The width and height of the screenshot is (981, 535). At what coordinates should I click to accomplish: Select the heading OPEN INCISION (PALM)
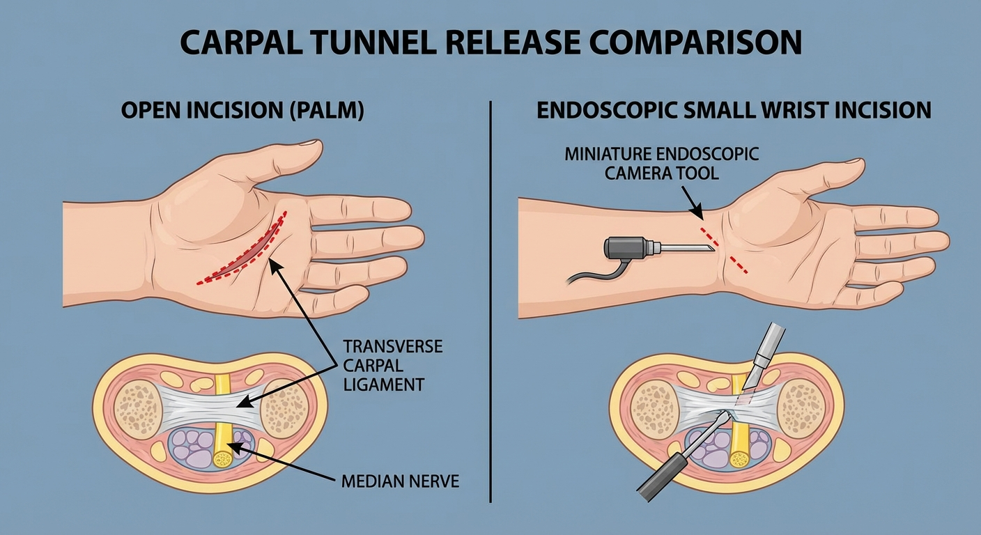coord(242,111)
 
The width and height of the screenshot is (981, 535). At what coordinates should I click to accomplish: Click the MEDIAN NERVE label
coord(400,481)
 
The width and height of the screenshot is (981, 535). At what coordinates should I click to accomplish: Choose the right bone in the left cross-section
coord(286,408)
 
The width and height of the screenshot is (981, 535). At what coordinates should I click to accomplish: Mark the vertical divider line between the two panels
coord(491,300)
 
